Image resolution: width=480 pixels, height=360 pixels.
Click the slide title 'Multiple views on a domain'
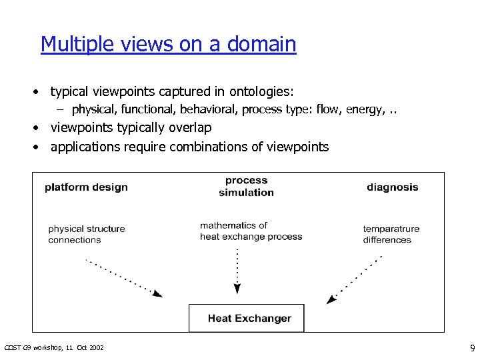[x=168, y=44]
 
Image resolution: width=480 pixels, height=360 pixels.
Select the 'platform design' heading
[x=86, y=187]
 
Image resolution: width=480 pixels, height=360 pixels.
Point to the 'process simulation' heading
[x=246, y=187]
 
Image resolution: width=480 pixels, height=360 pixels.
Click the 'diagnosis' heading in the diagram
[x=392, y=187]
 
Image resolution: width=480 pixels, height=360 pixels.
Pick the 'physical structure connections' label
[x=86, y=234]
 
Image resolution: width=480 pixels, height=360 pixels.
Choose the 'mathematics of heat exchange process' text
[x=251, y=231]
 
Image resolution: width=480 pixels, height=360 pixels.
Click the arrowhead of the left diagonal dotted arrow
[x=158, y=293]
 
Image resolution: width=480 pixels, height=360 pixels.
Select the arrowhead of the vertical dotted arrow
[x=237, y=289]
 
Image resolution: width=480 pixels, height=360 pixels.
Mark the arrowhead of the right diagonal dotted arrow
[x=331, y=300]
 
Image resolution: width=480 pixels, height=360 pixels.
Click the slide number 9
[x=472, y=347]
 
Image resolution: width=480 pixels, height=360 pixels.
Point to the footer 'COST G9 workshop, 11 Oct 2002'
[x=54, y=348]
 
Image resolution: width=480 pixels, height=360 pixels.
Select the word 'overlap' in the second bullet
[x=189, y=127]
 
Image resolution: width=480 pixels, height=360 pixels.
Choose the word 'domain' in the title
[x=261, y=44]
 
